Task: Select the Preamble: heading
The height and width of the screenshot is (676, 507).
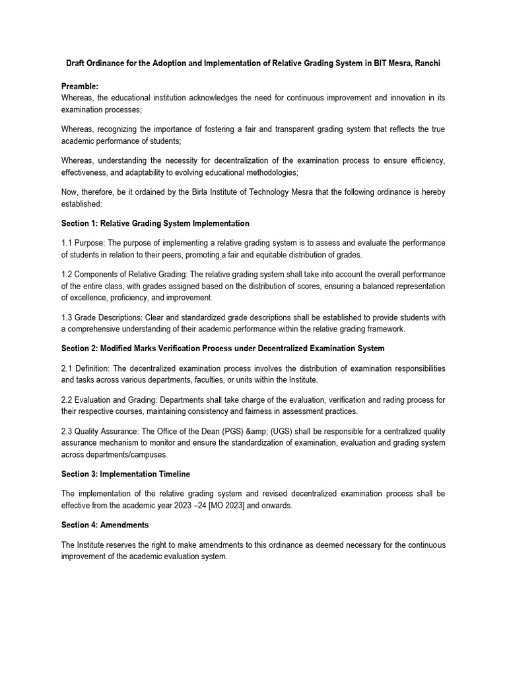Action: click(x=80, y=86)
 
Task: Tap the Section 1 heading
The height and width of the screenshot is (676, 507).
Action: click(x=155, y=223)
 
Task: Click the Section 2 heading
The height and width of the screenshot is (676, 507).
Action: click(x=222, y=348)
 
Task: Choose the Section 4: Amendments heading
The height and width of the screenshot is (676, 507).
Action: click(x=105, y=525)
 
